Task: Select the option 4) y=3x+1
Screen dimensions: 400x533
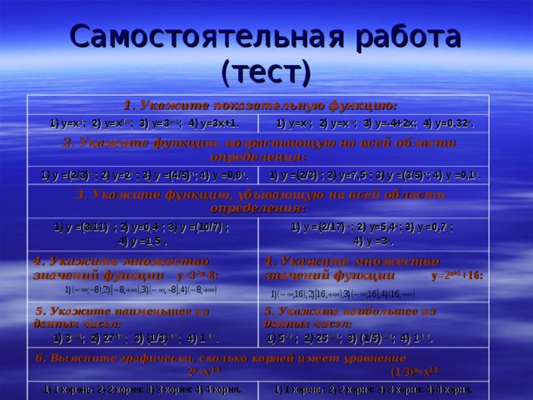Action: pyautogui.click(x=212, y=123)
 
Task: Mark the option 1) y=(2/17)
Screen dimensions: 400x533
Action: pyautogui.click(x=321, y=226)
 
